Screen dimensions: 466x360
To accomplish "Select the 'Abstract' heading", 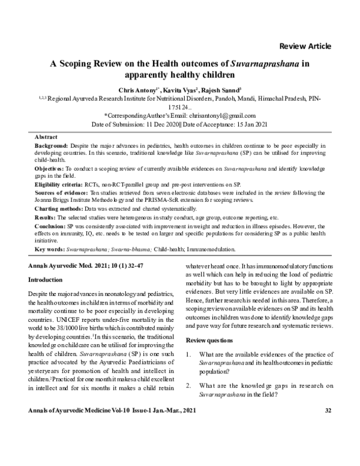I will (47, 137).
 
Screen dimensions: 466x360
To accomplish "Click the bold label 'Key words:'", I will (50, 249).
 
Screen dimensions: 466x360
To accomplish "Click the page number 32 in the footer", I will (328, 444).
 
